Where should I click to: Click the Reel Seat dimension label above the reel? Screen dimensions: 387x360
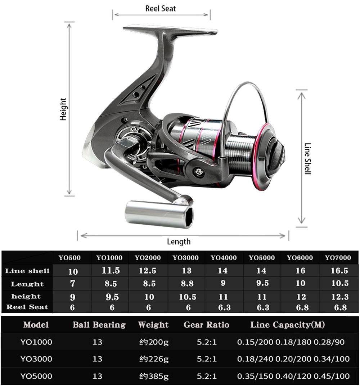pyautogui.click(x=161, y=8)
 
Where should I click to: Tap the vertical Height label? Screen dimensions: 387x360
pyautogui.click(x=63, y=109)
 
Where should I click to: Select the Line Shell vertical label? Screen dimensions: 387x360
pyautogui.click(x=307, y=159)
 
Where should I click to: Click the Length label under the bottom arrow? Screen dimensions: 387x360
pyautogui.click(x=179, y=242)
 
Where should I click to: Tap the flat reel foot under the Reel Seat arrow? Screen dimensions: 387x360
pyautogui.click(x=169, y=30)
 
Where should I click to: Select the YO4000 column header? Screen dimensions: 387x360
pyautogui.click(x=224, y=258)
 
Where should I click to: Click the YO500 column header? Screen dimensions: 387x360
pyautogui.click(x=69, y=258)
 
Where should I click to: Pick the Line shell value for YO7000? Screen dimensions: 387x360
pyautogui.click(x=339, y=271)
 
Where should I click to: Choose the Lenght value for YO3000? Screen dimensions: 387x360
pyautogui.click(x=187, y=284)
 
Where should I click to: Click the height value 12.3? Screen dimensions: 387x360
pyautogui.click(x=339, y=297)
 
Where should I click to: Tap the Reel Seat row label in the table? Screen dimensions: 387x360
pyautogui.click(x=27, y=307)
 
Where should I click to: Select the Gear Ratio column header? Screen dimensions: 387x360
pyautogui.click(x=206, y=325)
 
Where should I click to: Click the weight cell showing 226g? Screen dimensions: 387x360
pyautogui.click(x=154, y=359)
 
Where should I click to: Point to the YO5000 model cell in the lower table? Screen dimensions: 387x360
pyautogui.click(x=36, y=376)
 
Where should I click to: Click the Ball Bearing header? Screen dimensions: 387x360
pyautogui.click(x=99, y=325)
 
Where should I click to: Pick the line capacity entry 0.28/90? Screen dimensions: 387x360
pyautogui.click(x=329, y=342)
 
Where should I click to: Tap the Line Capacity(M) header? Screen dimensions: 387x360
pyautogui.click(x=287, y=325)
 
